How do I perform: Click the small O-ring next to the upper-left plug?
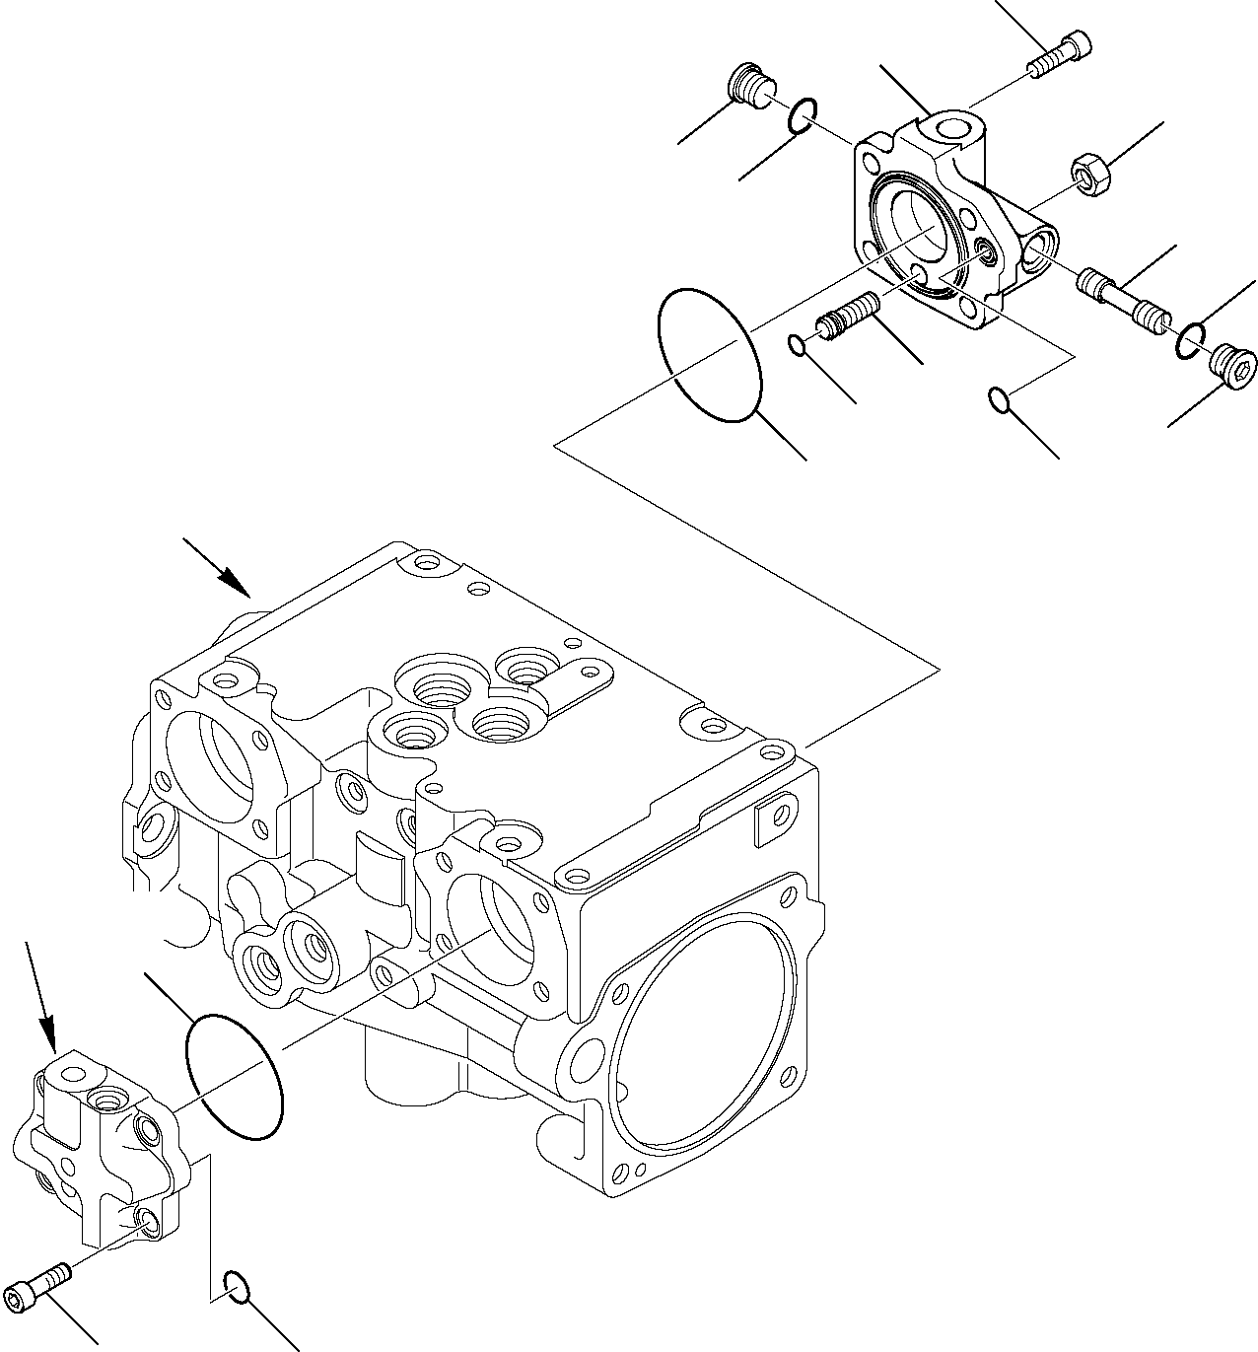click(802, 116)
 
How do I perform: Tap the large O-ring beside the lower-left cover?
click(234, 1075)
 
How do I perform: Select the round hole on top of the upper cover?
click(958, 129)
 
